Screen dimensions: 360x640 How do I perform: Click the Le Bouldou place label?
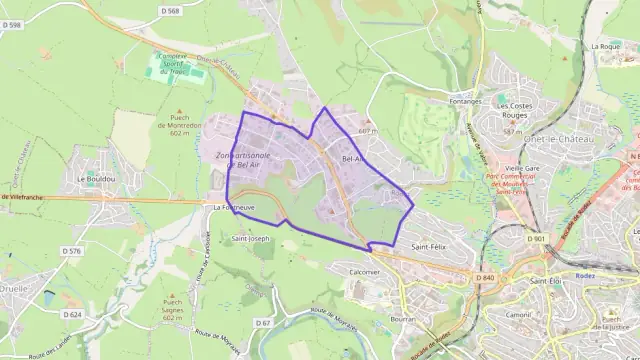[95, 179]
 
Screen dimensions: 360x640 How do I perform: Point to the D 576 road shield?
[71, 251]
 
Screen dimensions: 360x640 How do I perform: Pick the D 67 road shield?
[263, 323]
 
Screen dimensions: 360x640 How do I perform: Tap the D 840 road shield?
[486, 278]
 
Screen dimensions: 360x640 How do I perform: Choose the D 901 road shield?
[537, 239]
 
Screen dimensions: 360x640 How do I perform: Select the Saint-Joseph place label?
[251, 239]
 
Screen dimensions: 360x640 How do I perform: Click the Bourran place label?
[403, 319]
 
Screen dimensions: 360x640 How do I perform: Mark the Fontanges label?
[466, 101]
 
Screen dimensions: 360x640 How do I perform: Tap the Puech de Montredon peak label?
[180, 125]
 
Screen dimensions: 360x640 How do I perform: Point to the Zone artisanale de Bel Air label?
[243, 161]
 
